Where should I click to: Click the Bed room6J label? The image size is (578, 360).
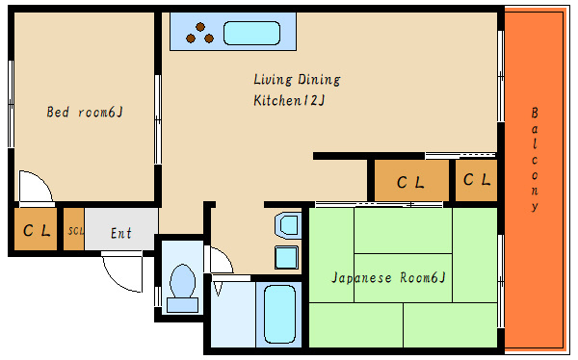85,112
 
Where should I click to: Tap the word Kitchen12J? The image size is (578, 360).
289,100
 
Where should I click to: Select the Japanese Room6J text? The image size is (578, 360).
388,277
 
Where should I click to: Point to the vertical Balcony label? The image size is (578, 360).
535,159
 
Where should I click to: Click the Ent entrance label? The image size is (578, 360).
121,233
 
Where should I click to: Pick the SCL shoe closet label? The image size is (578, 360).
75,231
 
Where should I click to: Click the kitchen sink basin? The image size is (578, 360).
251,33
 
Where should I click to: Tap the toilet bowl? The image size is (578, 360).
182,281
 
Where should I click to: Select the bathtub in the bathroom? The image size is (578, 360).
279,315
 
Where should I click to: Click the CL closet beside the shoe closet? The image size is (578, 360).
36,229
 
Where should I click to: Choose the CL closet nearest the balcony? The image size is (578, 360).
476,180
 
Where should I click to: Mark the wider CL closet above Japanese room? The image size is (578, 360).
411,181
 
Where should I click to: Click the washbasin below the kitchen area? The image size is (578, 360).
288,225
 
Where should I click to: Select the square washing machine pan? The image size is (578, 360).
286,257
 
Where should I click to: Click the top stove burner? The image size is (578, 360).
200,27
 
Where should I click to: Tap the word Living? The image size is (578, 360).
273,80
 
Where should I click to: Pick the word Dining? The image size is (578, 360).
319,80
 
